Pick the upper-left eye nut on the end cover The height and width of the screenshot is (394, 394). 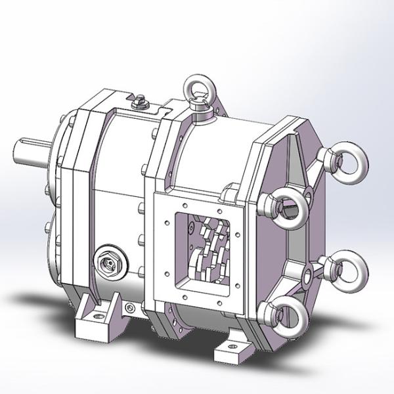coord(287,207)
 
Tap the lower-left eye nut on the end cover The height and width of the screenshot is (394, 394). coord(287,318)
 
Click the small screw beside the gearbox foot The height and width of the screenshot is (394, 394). coord(128,307)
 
